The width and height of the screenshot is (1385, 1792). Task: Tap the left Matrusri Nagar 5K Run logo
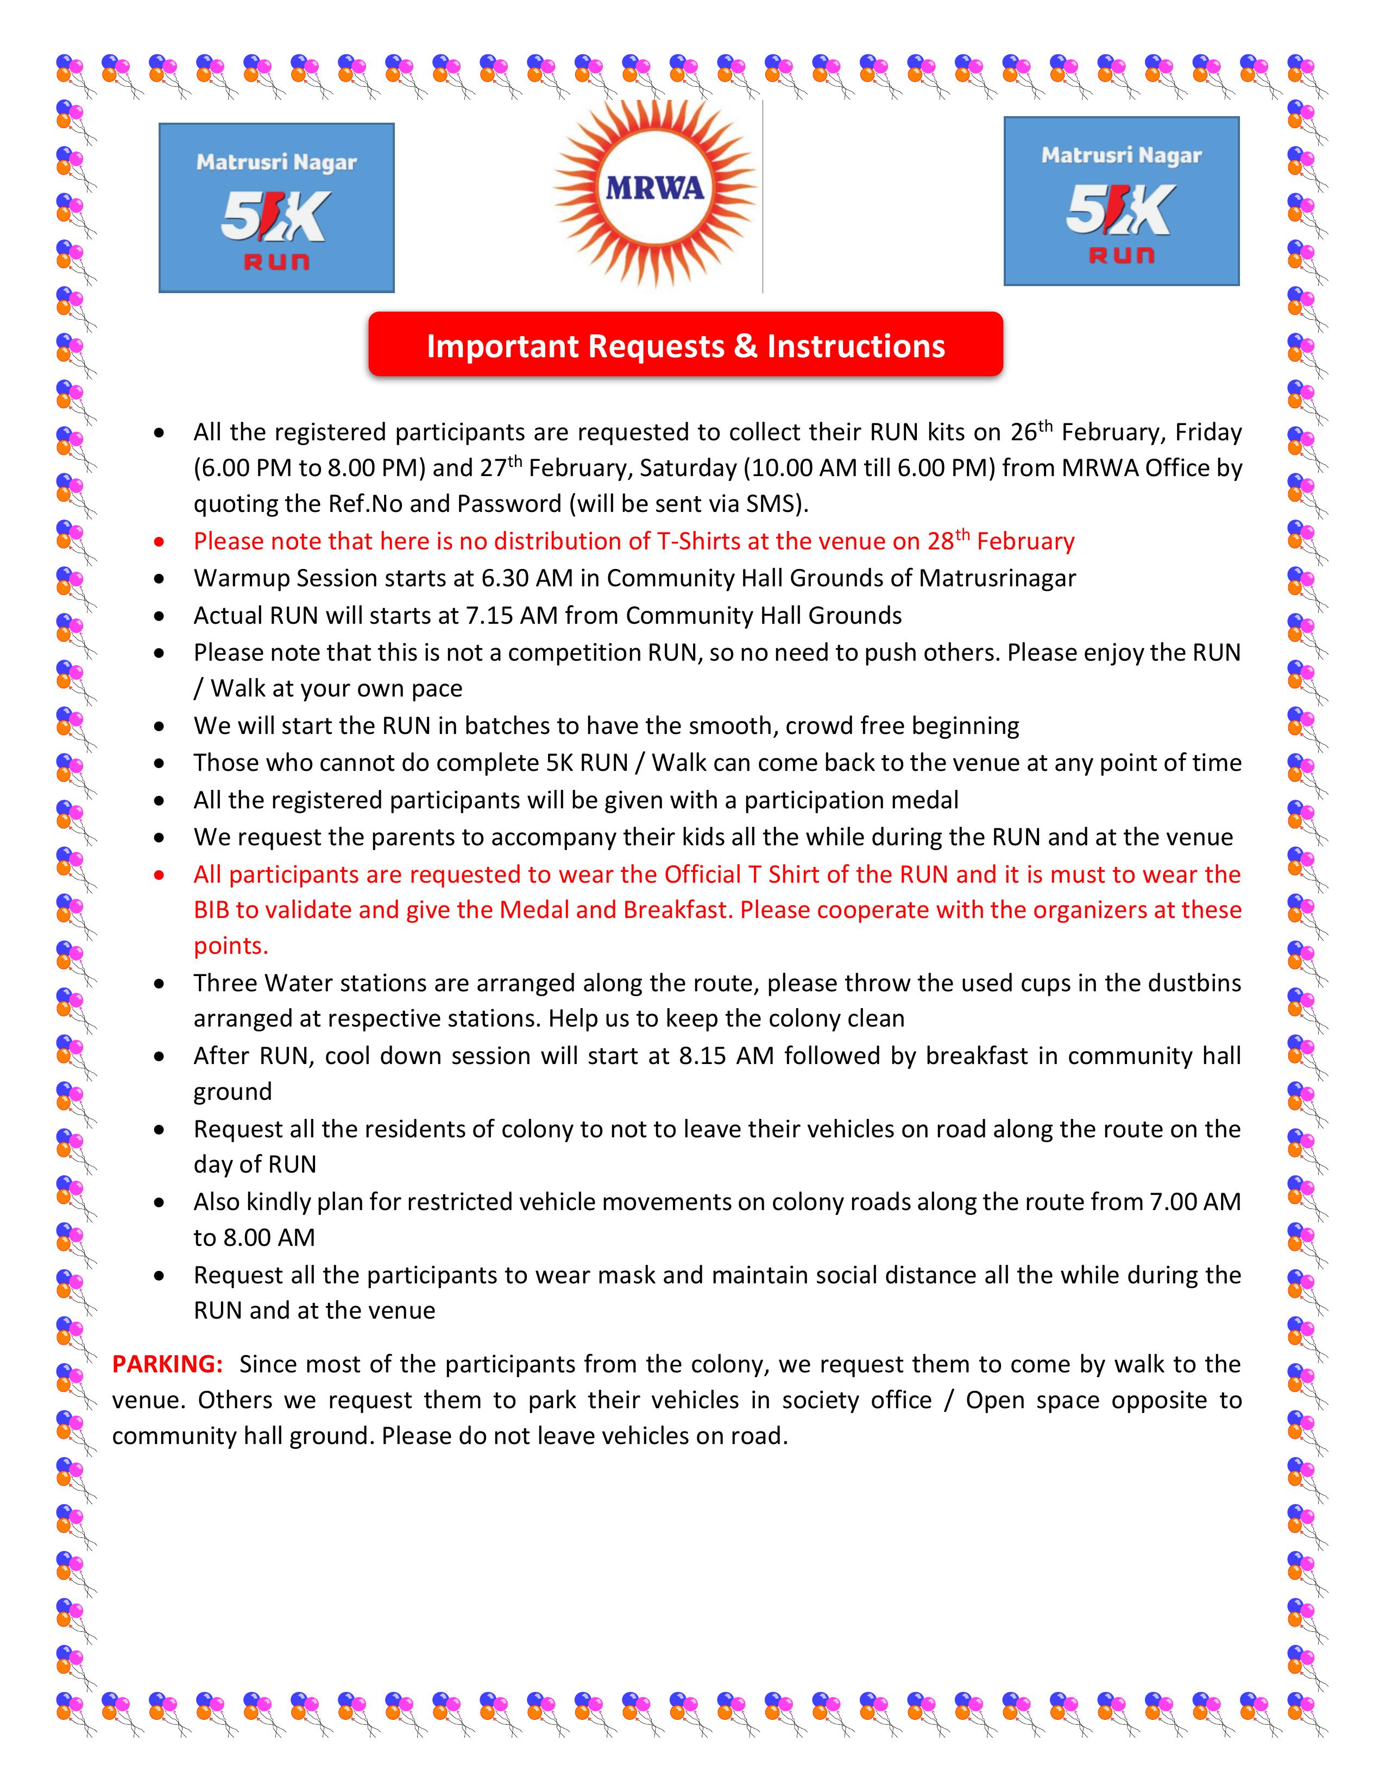276,207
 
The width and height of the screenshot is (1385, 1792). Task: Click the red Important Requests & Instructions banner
685,345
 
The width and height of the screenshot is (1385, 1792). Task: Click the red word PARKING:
167,1364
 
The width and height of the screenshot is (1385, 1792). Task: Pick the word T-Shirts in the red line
698,542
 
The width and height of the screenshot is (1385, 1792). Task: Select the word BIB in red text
212,910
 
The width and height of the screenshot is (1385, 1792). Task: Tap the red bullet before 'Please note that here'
159,542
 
